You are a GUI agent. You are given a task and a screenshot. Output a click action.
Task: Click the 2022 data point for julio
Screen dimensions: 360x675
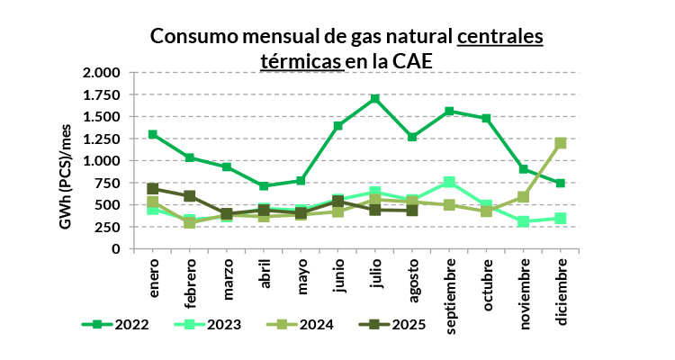coord(375,98)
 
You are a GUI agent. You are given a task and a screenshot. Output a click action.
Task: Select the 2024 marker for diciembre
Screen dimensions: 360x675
coord(561,143)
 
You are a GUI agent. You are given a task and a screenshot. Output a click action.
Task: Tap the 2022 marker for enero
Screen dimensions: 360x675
coord(153,134)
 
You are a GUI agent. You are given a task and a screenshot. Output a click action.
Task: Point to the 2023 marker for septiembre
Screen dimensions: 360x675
coord(449,182)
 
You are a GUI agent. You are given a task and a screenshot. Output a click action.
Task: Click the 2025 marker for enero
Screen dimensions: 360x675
coord(153,189)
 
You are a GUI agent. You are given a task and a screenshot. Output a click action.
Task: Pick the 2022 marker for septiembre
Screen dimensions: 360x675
coord(449,111)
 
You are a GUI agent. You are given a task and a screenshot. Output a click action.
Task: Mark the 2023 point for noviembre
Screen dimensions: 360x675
coord(523,221)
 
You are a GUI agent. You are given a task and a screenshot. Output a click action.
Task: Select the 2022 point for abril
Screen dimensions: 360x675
coord(264,185)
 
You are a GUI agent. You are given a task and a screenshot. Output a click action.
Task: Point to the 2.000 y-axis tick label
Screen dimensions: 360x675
coord(101,73)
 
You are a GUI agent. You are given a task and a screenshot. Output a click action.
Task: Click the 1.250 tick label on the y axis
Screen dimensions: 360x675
coord(101,139)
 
